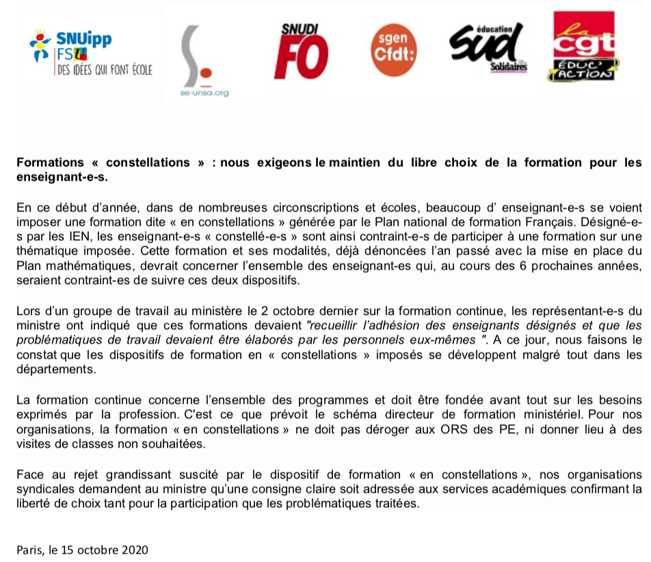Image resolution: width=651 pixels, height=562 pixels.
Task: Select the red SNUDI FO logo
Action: pos(301,52)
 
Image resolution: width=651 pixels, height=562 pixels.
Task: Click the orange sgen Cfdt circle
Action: pos(393,49)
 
